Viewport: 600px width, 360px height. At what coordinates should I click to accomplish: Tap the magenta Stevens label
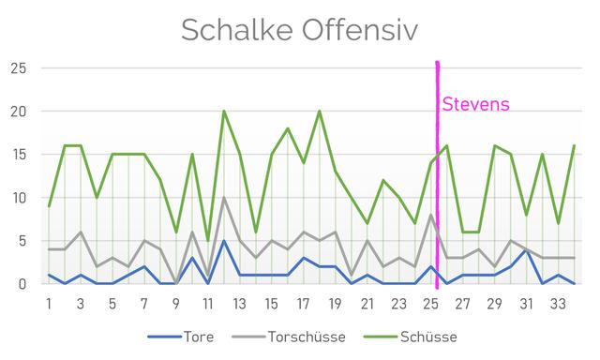475,103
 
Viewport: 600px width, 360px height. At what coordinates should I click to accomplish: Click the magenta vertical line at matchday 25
437,187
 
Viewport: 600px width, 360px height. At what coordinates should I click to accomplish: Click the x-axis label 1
49,304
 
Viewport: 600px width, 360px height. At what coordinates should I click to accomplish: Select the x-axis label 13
240,304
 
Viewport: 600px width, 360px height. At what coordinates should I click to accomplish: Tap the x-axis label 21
367,304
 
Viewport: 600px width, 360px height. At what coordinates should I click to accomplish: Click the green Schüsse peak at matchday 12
224,112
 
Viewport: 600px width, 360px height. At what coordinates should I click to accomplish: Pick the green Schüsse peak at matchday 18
320,112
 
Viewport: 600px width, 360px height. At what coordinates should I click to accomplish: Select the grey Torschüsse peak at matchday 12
224,198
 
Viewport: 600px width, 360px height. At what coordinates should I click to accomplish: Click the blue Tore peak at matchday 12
224,241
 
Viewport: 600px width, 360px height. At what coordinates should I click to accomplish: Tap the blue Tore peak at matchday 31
526,249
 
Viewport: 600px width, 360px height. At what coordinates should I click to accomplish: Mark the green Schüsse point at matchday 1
49,206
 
